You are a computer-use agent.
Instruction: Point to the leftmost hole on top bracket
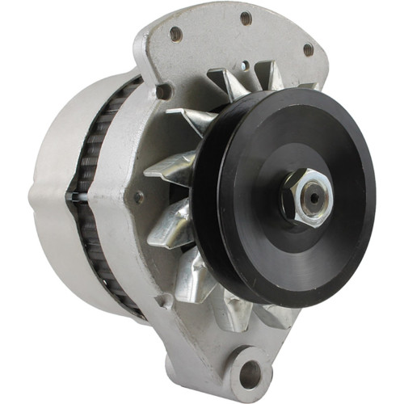pos(175,33)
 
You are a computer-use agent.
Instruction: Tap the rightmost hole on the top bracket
pos(308,49)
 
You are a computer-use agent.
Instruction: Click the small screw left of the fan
pos(139,196)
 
